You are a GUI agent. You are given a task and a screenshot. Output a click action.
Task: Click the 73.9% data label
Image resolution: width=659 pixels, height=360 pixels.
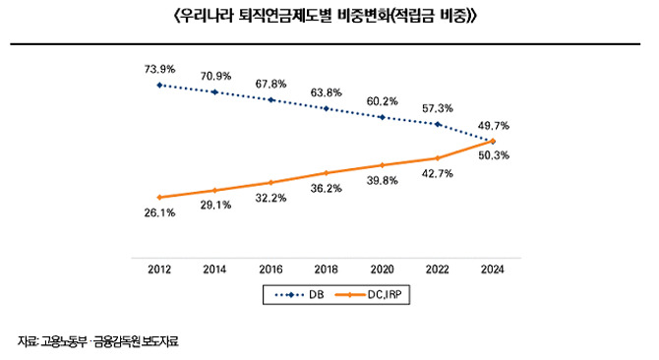pos(159,69)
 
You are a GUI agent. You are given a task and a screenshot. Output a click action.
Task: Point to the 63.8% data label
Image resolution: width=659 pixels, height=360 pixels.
pos(326,92)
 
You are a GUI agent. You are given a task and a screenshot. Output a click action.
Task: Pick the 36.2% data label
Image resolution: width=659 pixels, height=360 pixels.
pos(326,188)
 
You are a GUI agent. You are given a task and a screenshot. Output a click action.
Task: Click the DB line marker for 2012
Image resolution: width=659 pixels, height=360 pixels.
pos(159,85)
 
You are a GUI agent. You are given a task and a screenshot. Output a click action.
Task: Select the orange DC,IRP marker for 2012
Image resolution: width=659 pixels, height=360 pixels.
pos(159,197)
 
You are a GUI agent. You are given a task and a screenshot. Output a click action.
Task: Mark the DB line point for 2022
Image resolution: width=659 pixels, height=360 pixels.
pos(437,124)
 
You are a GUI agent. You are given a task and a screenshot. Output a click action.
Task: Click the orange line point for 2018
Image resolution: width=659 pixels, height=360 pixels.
pos(326,173)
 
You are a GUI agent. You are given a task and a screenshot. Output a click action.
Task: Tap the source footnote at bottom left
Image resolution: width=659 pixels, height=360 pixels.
pos(98,341)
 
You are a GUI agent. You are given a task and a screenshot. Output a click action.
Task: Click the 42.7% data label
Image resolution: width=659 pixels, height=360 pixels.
pos(437,173)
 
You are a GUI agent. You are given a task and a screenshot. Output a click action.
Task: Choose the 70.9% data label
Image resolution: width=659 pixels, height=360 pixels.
pos(214,76)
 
